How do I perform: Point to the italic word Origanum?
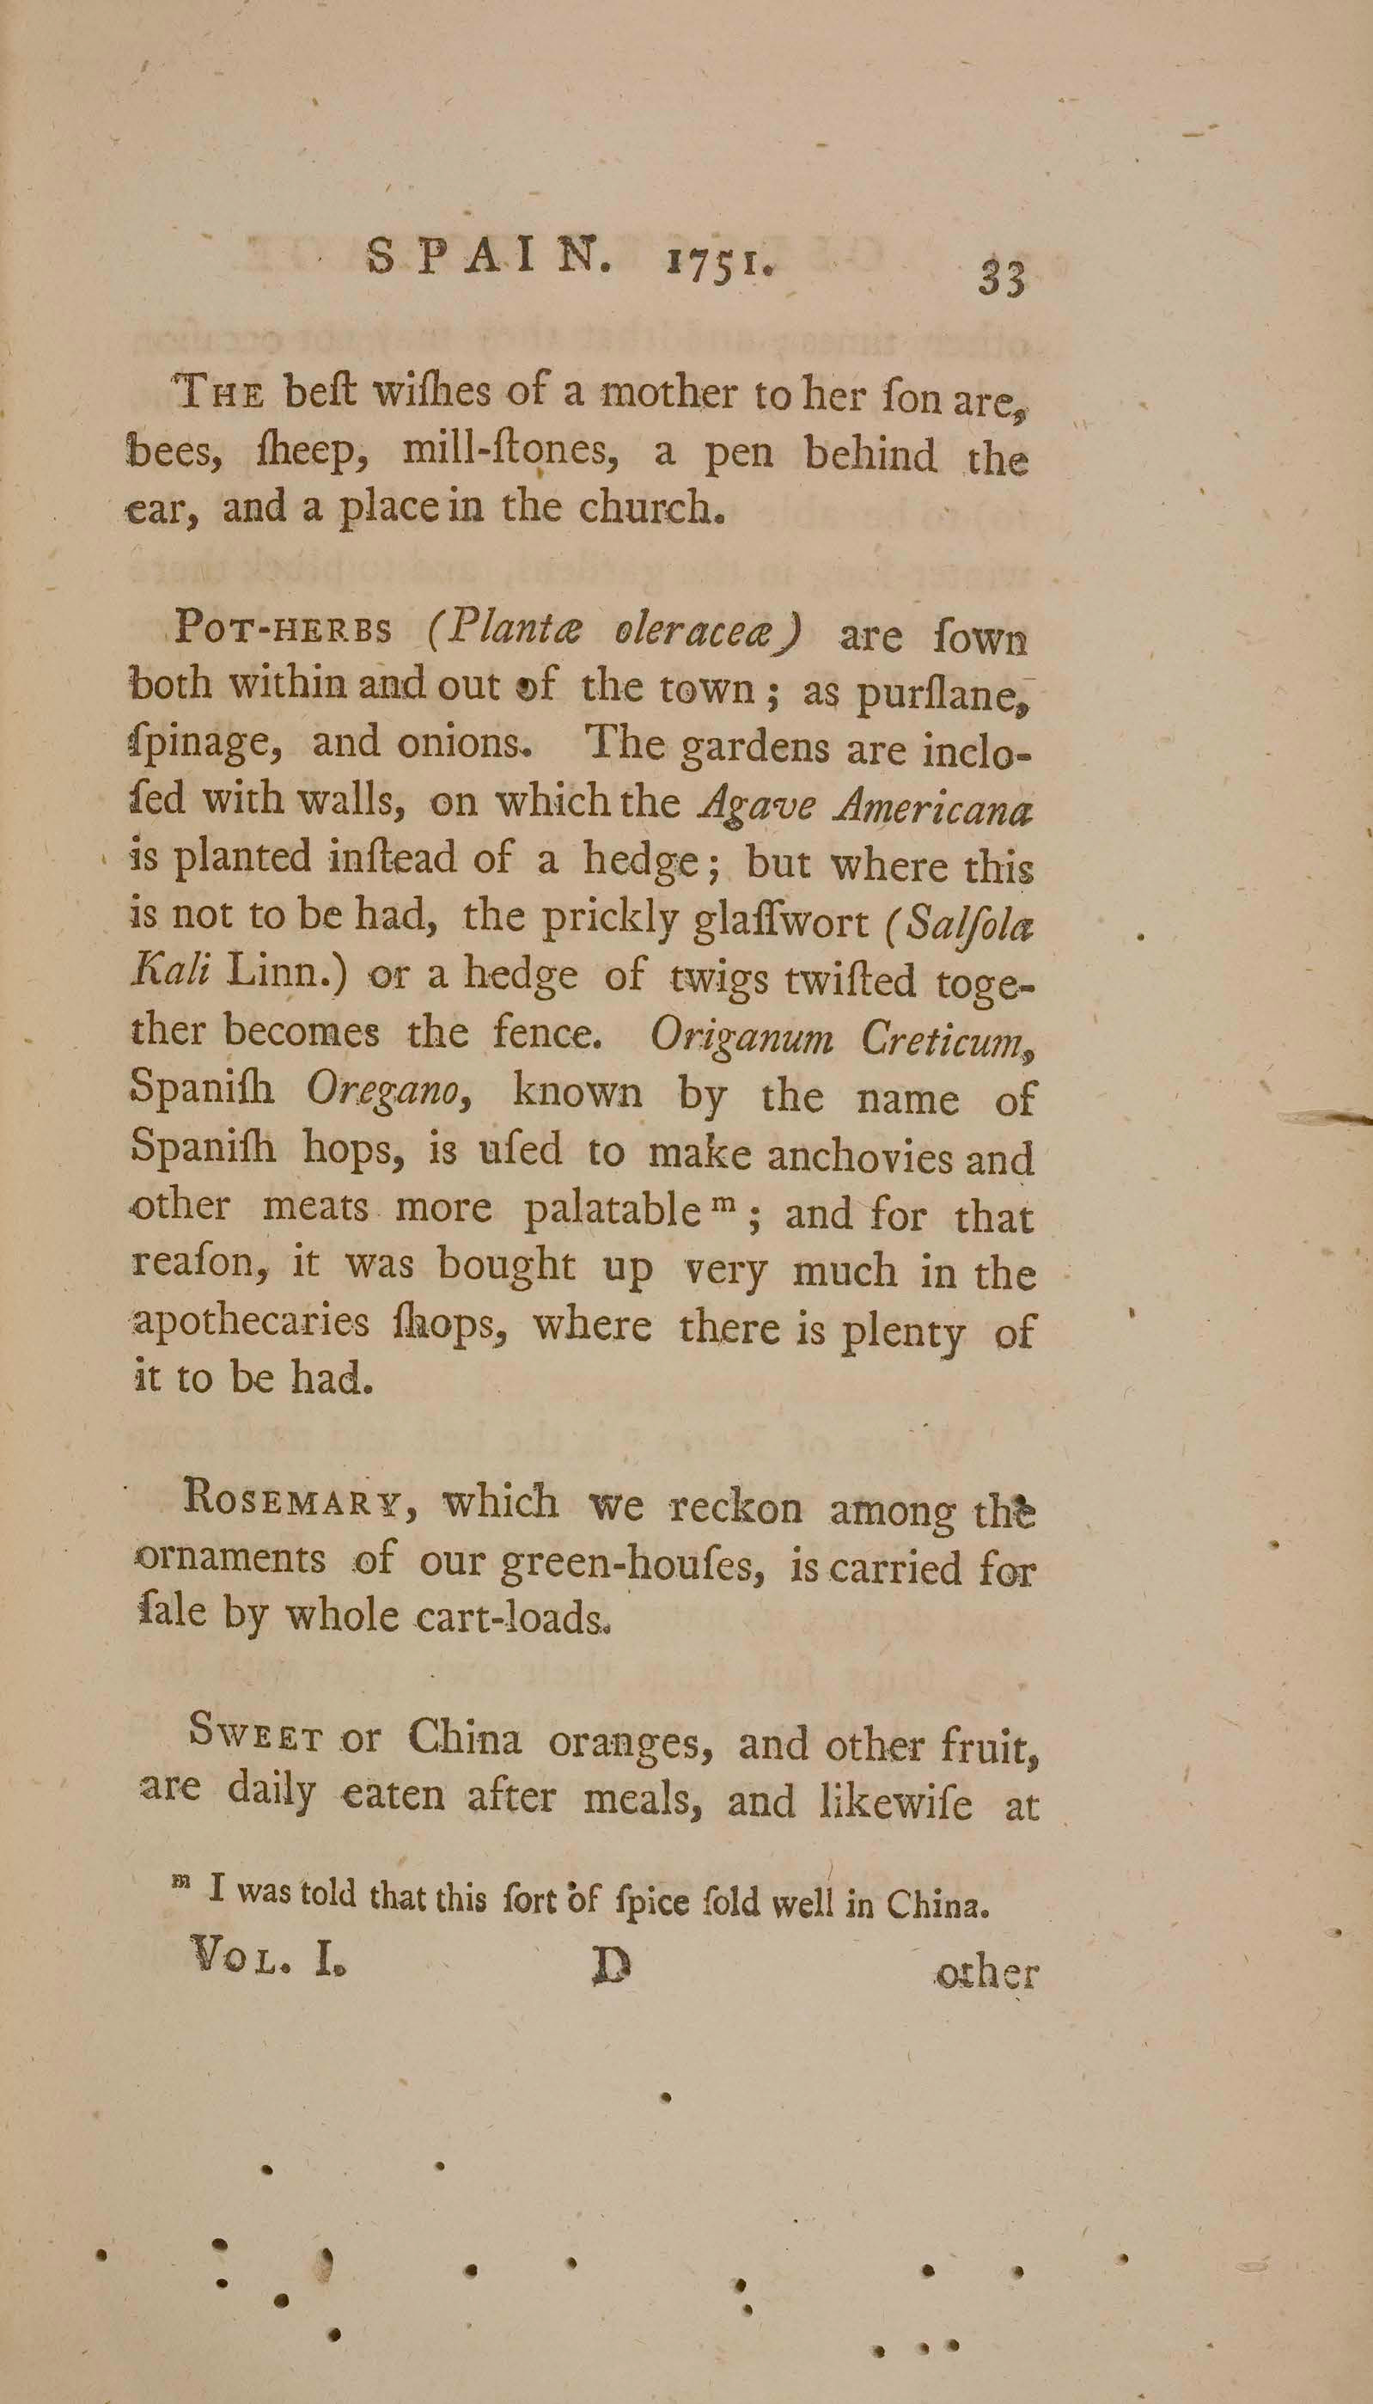click(x=741, y=1037)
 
